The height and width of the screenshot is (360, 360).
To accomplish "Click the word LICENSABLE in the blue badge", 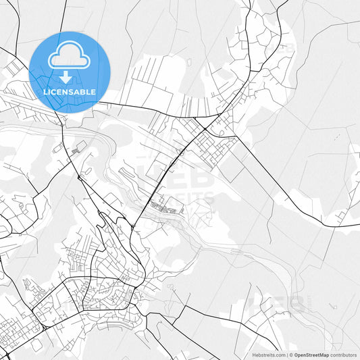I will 70,92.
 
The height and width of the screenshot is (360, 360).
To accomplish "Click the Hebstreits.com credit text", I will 269,355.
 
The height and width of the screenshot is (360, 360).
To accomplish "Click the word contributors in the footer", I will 343,355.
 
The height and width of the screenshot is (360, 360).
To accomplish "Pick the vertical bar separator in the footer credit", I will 287,355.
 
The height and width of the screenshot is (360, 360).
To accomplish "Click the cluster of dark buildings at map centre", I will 165,207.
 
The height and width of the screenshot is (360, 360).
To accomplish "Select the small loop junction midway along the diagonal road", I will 181,152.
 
